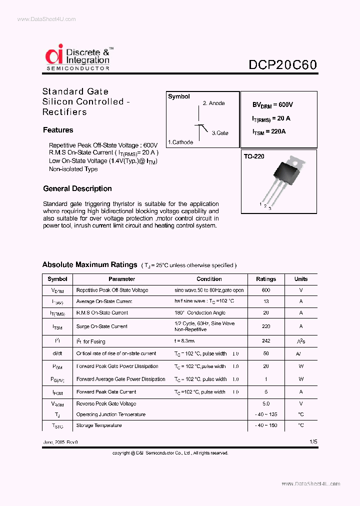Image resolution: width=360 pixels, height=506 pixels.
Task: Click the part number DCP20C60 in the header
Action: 282,65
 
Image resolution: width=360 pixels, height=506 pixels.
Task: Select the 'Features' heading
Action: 58,130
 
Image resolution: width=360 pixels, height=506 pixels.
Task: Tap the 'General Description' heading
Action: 77,188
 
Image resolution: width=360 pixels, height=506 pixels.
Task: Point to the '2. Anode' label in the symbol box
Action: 213,103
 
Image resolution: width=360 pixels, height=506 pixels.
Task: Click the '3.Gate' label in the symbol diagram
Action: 220,133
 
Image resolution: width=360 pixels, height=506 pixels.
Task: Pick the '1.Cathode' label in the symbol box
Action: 180,142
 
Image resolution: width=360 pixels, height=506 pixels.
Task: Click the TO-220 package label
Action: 254,156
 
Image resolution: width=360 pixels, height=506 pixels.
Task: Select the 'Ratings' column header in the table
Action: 266,279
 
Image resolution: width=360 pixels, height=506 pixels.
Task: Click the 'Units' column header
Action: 301,279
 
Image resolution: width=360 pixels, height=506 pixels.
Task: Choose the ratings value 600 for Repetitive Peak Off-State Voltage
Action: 266,290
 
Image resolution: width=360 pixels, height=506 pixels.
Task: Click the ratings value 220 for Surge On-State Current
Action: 266,326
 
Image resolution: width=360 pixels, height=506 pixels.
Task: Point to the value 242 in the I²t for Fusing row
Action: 266,341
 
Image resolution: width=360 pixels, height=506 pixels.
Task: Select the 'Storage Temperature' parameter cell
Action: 99,425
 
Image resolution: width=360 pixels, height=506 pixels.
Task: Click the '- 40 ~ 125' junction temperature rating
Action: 266,414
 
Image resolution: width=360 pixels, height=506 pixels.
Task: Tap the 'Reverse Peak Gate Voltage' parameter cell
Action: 106,403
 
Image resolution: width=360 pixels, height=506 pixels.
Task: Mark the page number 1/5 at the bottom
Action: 313,442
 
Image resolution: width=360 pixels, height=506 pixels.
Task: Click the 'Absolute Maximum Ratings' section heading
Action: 89,264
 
